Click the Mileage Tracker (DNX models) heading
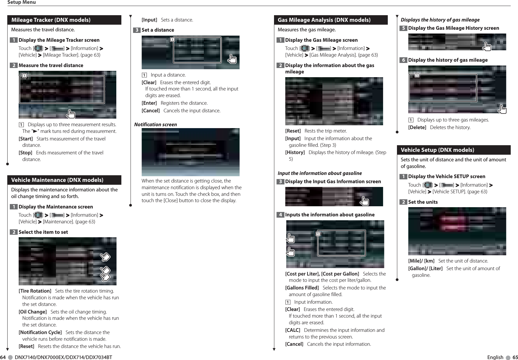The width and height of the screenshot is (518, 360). tap(51, 20)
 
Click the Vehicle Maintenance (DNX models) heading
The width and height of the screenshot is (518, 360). tap(57, 180)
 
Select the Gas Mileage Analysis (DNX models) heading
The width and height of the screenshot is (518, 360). tap(324, 20)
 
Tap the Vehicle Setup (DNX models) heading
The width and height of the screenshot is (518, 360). tap(437, 150)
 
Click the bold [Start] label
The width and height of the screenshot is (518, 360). tap(26, 139)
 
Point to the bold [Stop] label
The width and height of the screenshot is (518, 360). tap(26, 153)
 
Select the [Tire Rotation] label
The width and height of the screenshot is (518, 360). tap(35, 291)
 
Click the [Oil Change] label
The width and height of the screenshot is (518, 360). tap(33, 312)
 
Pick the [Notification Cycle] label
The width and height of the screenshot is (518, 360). tap(40, 332)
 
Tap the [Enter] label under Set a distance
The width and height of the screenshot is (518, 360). tap(149, 103)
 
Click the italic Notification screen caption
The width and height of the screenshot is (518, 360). tap(155, 125)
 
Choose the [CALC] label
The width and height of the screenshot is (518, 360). tap(293, 330)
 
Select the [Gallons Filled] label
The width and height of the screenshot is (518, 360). tap(302, 288)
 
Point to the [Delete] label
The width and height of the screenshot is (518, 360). tap(417, 127)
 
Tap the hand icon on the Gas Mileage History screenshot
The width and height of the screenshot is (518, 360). tap(487, 47)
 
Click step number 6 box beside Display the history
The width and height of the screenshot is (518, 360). tap(403, 60)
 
